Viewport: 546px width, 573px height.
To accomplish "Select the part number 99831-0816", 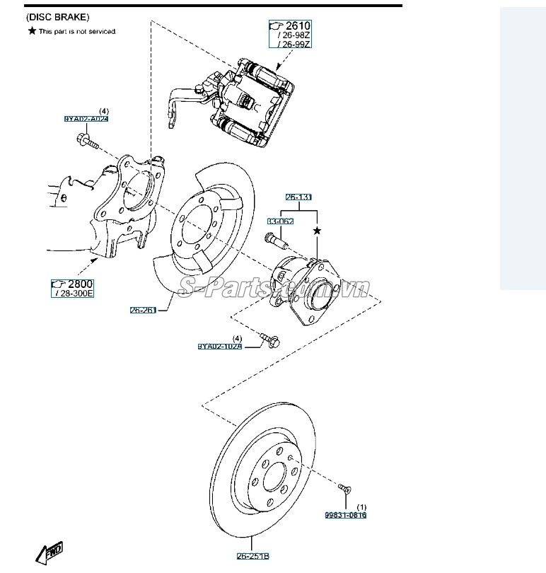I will click(346, 515).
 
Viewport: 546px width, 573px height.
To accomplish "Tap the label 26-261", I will click(143, 310).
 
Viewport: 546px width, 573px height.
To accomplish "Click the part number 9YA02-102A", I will click(219, 347).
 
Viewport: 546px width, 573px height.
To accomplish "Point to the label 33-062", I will click(280, 221).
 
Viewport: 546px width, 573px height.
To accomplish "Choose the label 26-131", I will click(299, 197).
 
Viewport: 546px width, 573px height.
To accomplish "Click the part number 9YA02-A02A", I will click(86, 120).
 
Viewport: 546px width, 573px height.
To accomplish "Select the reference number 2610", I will click(296, 26).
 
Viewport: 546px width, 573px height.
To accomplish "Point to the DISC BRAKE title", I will click(57, 16).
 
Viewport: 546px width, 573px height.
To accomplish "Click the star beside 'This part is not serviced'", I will click(32, 31).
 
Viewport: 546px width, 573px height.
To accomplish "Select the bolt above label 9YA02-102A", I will click(270, 340).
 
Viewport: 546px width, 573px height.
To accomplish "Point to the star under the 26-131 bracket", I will click(317, 231).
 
